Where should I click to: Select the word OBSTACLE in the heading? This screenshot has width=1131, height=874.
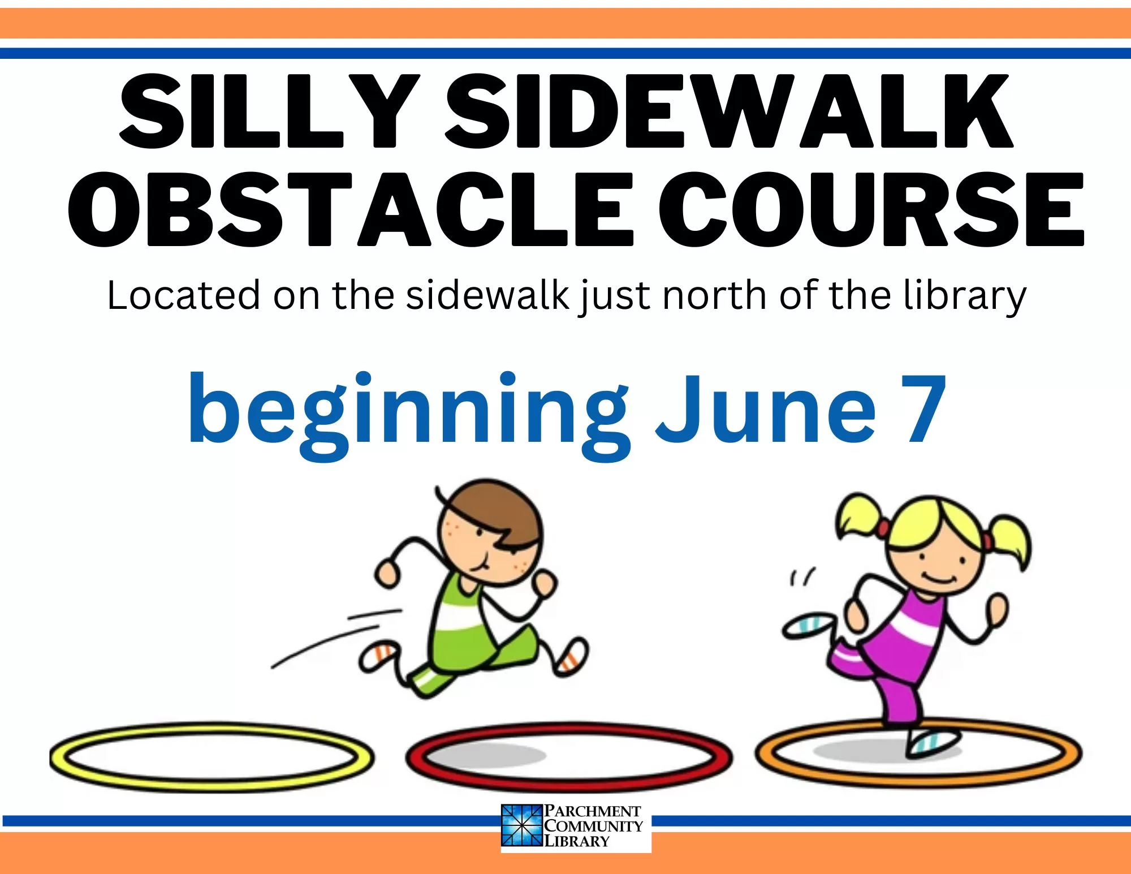[x=351, y=210]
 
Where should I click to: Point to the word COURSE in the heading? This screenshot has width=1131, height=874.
[x=871, y=210]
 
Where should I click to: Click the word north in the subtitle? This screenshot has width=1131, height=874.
[x=714, y=295]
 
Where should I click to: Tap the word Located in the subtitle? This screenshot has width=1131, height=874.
[x=184, y=295]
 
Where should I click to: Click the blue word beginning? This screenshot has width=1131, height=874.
[x=408, y=416]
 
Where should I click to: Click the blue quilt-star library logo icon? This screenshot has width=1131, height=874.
[x=522, y=825]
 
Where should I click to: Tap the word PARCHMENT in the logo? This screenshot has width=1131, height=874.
[x=592, y=811]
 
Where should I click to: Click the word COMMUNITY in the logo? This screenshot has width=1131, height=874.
[x=593, y=826]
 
